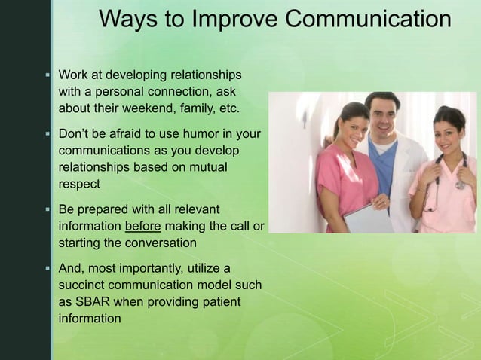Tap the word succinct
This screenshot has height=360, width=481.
coord(84,285)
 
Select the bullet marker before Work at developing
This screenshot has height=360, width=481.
coord(47,76)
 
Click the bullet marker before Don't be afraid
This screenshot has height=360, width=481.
coord(47,135)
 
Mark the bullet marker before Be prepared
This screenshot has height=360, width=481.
coord(47,209)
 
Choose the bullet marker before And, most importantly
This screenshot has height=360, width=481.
coord(47,268)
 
